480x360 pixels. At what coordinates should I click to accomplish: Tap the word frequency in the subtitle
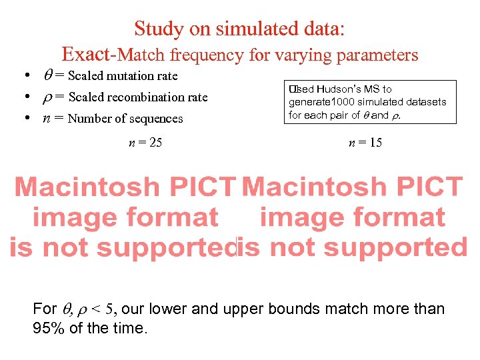pos(207,55)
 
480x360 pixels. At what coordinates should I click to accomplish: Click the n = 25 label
pos(145,142)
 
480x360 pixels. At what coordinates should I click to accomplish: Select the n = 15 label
pos(365,142)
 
